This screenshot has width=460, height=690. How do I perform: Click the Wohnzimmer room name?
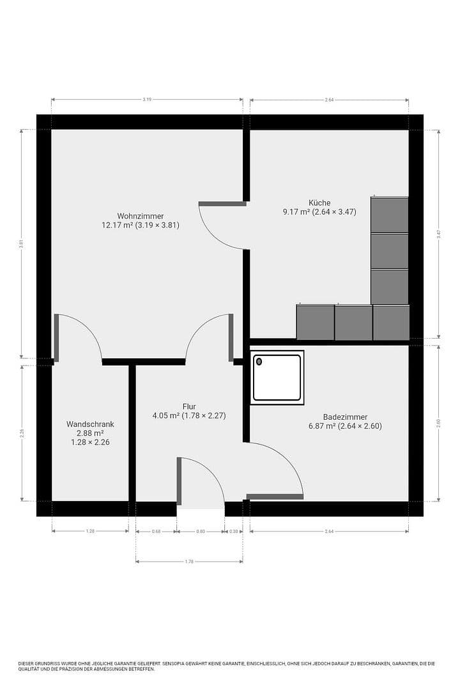[140, 215]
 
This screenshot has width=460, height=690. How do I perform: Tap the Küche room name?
[319, 203]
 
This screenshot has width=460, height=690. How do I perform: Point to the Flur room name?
[188, 406]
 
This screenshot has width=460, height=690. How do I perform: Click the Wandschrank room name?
[90, 424]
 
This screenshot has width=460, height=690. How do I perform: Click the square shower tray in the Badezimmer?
[277, 378]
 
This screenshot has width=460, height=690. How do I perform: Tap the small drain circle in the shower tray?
[259, 362]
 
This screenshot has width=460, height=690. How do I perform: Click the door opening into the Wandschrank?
[77, 335]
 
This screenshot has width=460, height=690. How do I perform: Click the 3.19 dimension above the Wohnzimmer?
[147, 100]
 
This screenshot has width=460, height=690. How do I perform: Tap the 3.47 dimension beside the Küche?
[438, 234]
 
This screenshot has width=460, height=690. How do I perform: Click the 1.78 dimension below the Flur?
[189, 562]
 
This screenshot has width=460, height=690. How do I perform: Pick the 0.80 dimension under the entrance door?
[201, 532]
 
